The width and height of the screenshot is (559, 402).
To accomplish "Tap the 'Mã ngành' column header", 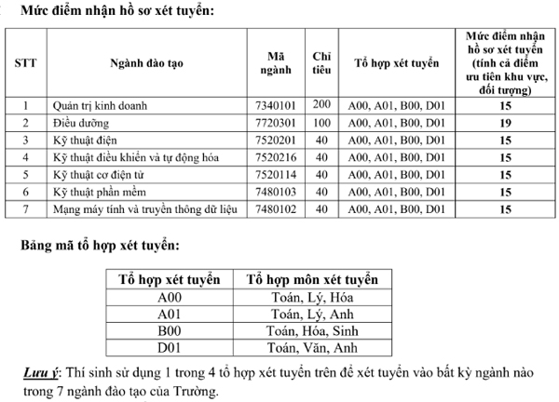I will [x=274, y=62].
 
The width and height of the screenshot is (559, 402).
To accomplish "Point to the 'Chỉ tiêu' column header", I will [x=322, y=62].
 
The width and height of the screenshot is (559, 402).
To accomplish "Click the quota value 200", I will [x=322, y=105].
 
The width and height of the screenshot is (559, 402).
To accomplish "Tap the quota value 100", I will [x=322, y=123].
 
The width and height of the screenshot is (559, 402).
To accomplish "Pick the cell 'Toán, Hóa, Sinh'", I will [x=312, y=331].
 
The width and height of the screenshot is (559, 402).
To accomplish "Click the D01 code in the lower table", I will [x=170, y=348].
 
